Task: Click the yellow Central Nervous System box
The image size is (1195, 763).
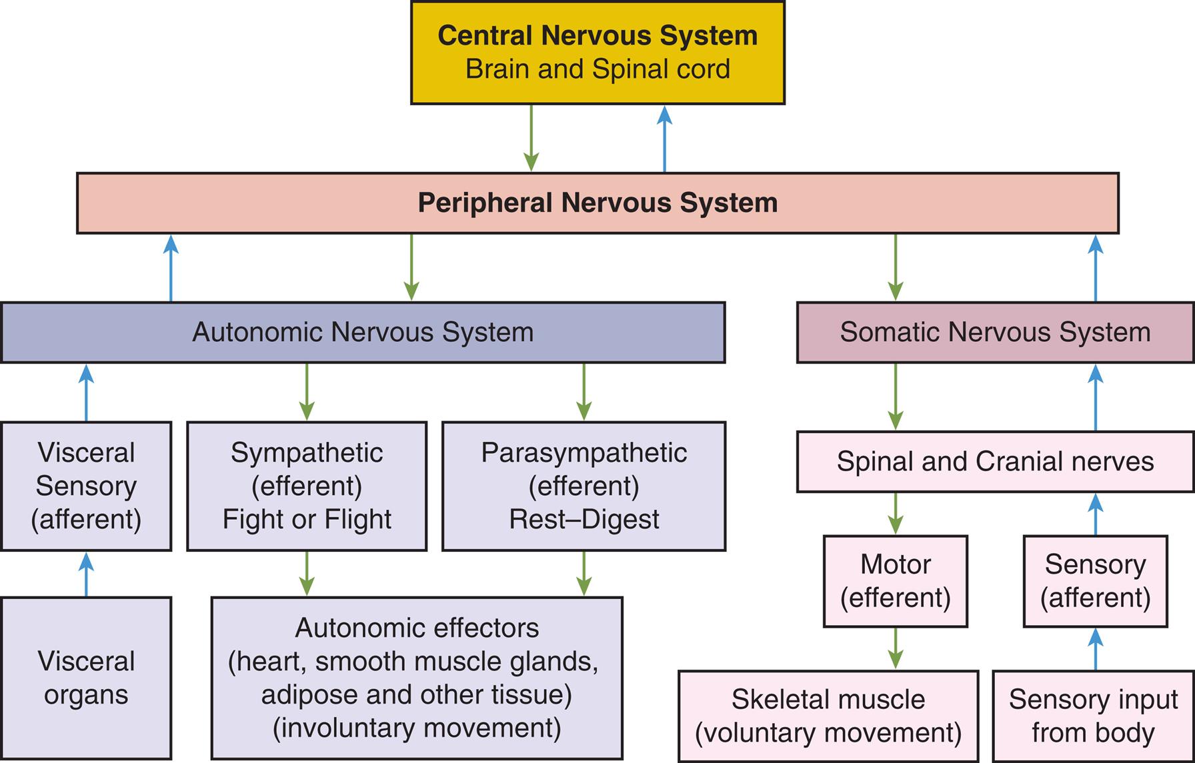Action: [x=597, y=52]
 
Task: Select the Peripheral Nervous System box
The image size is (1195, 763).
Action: [x=597, y=203]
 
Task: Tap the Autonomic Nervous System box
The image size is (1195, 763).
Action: [x=362, y=332]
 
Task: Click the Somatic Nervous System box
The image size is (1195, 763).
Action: [x=995, y=332]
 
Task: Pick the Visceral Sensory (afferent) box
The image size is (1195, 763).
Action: [x=86, y=486]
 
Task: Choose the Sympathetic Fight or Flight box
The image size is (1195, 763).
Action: [x=306, y=486]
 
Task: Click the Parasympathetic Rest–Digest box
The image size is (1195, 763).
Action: [x=583, y=486]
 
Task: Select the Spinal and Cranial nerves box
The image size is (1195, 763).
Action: [x=995, y=461]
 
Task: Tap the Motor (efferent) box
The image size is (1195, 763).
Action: [x=895, y=580]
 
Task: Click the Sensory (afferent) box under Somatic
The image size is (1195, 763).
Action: [x=1095, y=580]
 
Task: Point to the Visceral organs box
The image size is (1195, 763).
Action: [x=86, y=678]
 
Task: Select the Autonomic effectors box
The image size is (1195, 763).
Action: [x=417, y=678]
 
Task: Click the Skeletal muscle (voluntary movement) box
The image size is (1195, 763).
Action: [x=828, y=716]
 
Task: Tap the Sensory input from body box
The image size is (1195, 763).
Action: [x=1093, y=716]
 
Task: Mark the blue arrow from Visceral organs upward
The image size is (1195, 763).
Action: [x=86, y=574]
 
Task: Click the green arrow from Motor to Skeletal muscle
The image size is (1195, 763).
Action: [x=895, y=648]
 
